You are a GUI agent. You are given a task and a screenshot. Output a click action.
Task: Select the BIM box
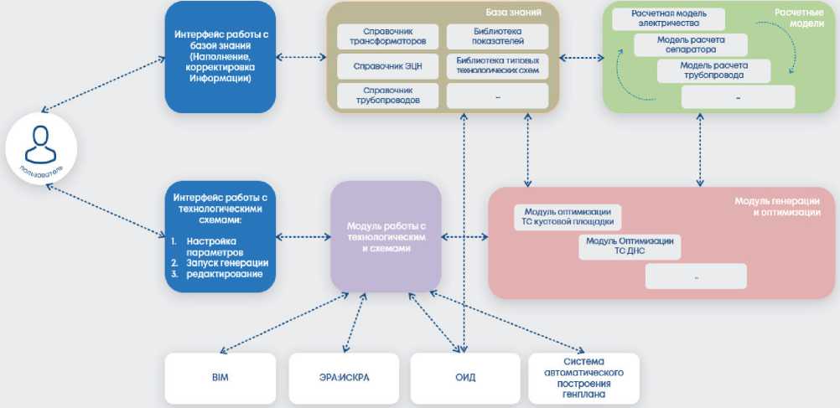point(220,378)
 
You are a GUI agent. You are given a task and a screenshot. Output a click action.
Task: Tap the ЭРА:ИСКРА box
point(344,378)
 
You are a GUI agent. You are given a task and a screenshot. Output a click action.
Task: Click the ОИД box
point(465,378)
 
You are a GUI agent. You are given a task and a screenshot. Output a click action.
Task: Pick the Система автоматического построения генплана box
point(586,378)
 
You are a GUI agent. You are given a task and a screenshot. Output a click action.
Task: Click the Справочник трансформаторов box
point(386,35)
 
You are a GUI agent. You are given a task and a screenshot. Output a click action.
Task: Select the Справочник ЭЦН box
point(386,65)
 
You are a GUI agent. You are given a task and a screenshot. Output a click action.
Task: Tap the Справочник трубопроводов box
point(386,95)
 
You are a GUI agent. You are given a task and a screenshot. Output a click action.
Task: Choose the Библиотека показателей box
point(497,35)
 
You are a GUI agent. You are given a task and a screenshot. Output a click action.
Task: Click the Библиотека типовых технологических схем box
point(497,66)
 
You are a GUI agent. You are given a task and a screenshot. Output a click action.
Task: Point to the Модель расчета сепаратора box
point(691,44)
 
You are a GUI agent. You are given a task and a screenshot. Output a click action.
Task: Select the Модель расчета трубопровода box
point(713,70)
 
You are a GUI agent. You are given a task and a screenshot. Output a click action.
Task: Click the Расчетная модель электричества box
point(667,18)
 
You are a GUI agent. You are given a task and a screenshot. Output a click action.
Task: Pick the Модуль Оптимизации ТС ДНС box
point(630,246)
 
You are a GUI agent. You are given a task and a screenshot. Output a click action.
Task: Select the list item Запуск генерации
point(216,262)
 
